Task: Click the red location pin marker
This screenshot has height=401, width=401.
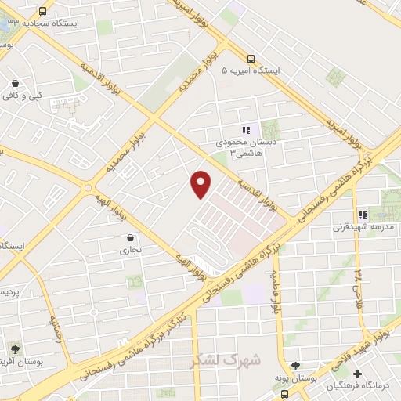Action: (201, 183)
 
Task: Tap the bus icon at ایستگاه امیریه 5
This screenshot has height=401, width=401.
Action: (251, 59)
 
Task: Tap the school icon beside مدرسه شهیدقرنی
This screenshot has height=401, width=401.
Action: (362, 215)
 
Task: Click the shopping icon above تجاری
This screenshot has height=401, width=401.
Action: (129, 237)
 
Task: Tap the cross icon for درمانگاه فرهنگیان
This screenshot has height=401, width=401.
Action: (357, 374)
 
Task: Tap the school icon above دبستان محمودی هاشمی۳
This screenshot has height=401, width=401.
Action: (245, 131)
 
